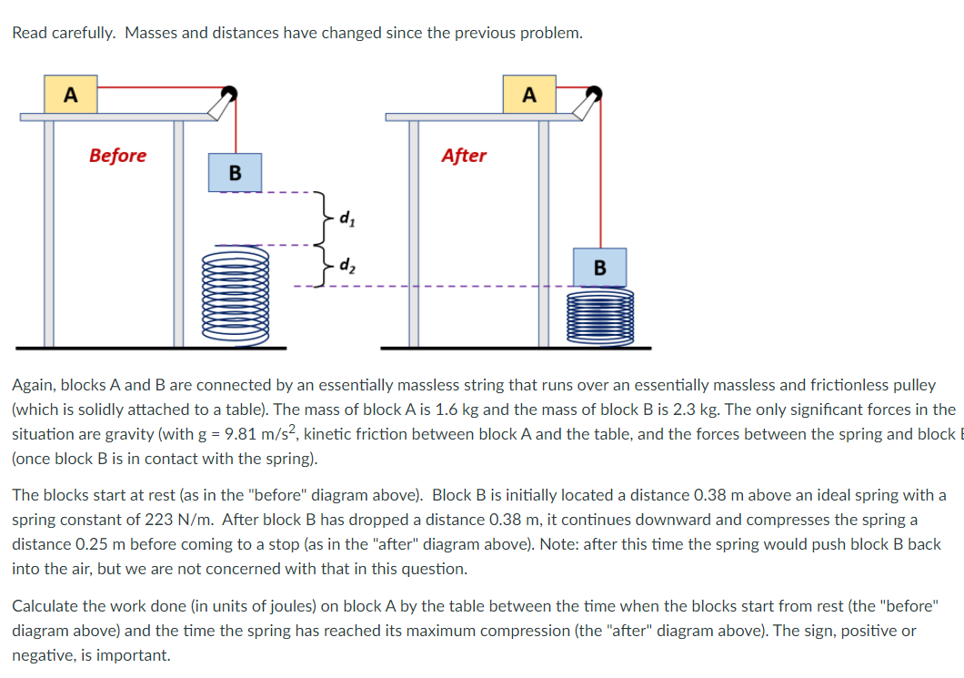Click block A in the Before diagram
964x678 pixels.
[71, 95]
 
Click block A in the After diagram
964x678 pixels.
[528, 95]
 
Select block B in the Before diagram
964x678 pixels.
[235, 172]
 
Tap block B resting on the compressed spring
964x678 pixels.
[599, 268]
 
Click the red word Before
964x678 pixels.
[117, 156]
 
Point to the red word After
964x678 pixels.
[464, 156]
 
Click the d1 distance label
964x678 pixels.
[346, 218]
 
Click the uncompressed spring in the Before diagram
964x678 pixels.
[236, 297]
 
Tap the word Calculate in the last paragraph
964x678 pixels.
[42, 605]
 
